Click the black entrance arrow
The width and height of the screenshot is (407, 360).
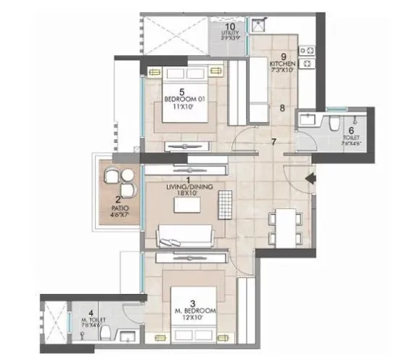point(311,178)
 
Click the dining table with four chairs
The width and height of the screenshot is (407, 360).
point(284,226)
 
